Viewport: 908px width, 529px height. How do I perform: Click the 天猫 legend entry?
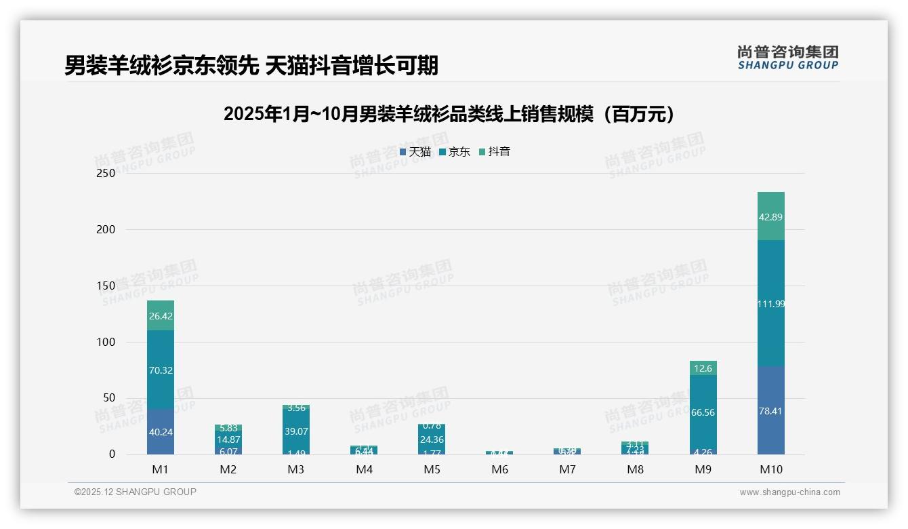tap(415, 152)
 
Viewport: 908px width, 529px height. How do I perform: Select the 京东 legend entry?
tap(455, 152)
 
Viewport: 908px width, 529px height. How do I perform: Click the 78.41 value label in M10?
tap(770, 411)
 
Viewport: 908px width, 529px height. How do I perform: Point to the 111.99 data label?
tap(770, 304)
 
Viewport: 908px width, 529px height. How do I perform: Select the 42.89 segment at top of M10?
tap(770, 217)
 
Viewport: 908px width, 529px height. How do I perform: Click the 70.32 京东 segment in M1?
tap(161, 370)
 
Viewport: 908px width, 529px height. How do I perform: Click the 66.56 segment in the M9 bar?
tap(703, 412)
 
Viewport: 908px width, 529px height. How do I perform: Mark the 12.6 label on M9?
tap(703, 368)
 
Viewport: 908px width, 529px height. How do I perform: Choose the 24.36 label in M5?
tap(432, 439)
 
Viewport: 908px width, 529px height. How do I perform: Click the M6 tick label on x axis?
tap(500, 469)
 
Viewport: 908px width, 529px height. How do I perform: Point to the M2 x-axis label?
tap(228, 469)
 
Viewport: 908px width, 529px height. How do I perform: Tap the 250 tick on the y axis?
tap(106, 173)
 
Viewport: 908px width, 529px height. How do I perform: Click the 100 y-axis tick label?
tap(106, 342)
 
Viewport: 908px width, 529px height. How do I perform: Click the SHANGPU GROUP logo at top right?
tap(787, 58)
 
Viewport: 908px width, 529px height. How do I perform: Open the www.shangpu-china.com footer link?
tap(789, 492)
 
